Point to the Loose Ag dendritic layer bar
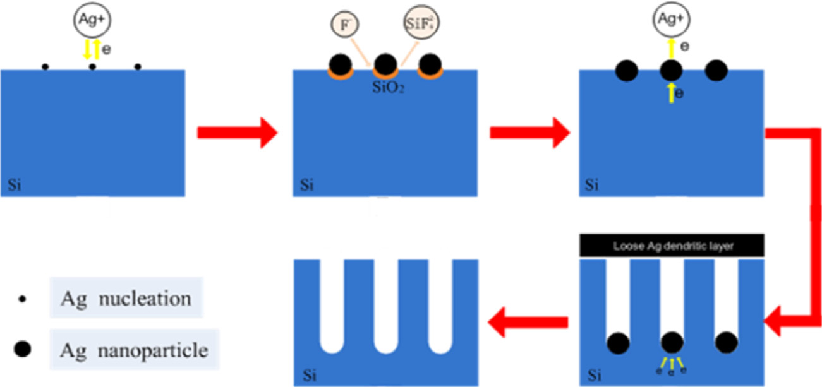pos(672,246)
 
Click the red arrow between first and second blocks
pos(237,133)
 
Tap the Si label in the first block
pos(14,186)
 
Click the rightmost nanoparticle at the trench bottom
pos(726,343)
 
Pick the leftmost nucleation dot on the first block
pos(45,66)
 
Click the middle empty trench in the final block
pos(385,303)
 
